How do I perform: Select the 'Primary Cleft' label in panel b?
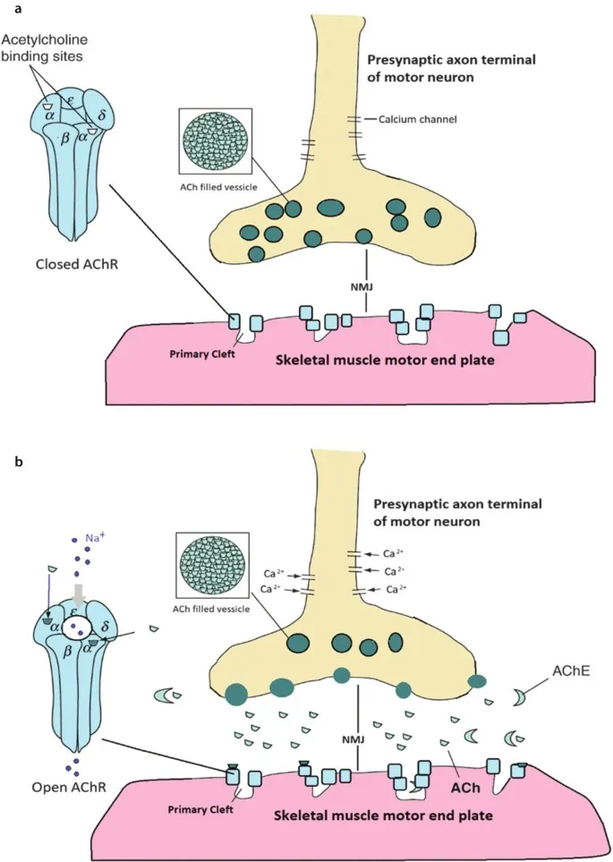[201, 809]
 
